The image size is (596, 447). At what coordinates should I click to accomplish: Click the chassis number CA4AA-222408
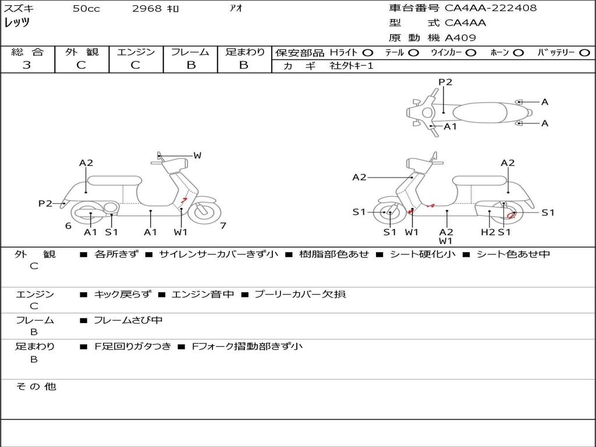[x=490, y=8]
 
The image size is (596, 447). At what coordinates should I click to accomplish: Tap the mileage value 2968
[x=147, y=8]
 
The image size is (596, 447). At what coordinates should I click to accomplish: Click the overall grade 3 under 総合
[x=27, y=65]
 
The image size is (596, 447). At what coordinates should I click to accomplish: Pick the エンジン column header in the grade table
[x=136, y=52]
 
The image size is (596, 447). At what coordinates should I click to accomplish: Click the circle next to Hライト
[x=368, y=53]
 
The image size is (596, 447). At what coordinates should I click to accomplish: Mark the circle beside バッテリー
[x=584, y=53]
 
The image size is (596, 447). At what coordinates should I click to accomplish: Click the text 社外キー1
[x=352, y=66]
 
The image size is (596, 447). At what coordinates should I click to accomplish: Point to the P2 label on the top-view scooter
[x=445, y=82]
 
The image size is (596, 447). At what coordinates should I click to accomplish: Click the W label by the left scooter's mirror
[x=197, y=155]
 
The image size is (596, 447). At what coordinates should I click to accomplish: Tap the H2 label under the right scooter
[x=488, y=232]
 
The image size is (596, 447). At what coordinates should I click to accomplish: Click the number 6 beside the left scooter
[x=68, y=226]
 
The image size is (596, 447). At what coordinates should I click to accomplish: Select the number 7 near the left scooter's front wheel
[x=223, y=226]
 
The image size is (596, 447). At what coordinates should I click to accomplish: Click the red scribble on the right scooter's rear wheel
[x=511, y=215]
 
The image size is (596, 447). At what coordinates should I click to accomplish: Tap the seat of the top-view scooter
[x=480, y=112]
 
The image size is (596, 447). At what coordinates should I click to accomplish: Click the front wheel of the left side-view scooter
[x=204, y=212]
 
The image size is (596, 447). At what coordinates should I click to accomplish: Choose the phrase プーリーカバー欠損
[x=300, y=294]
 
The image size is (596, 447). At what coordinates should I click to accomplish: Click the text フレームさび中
[x=128, y=321]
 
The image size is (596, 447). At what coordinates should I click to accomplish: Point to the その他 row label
[x=36, y=386]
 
